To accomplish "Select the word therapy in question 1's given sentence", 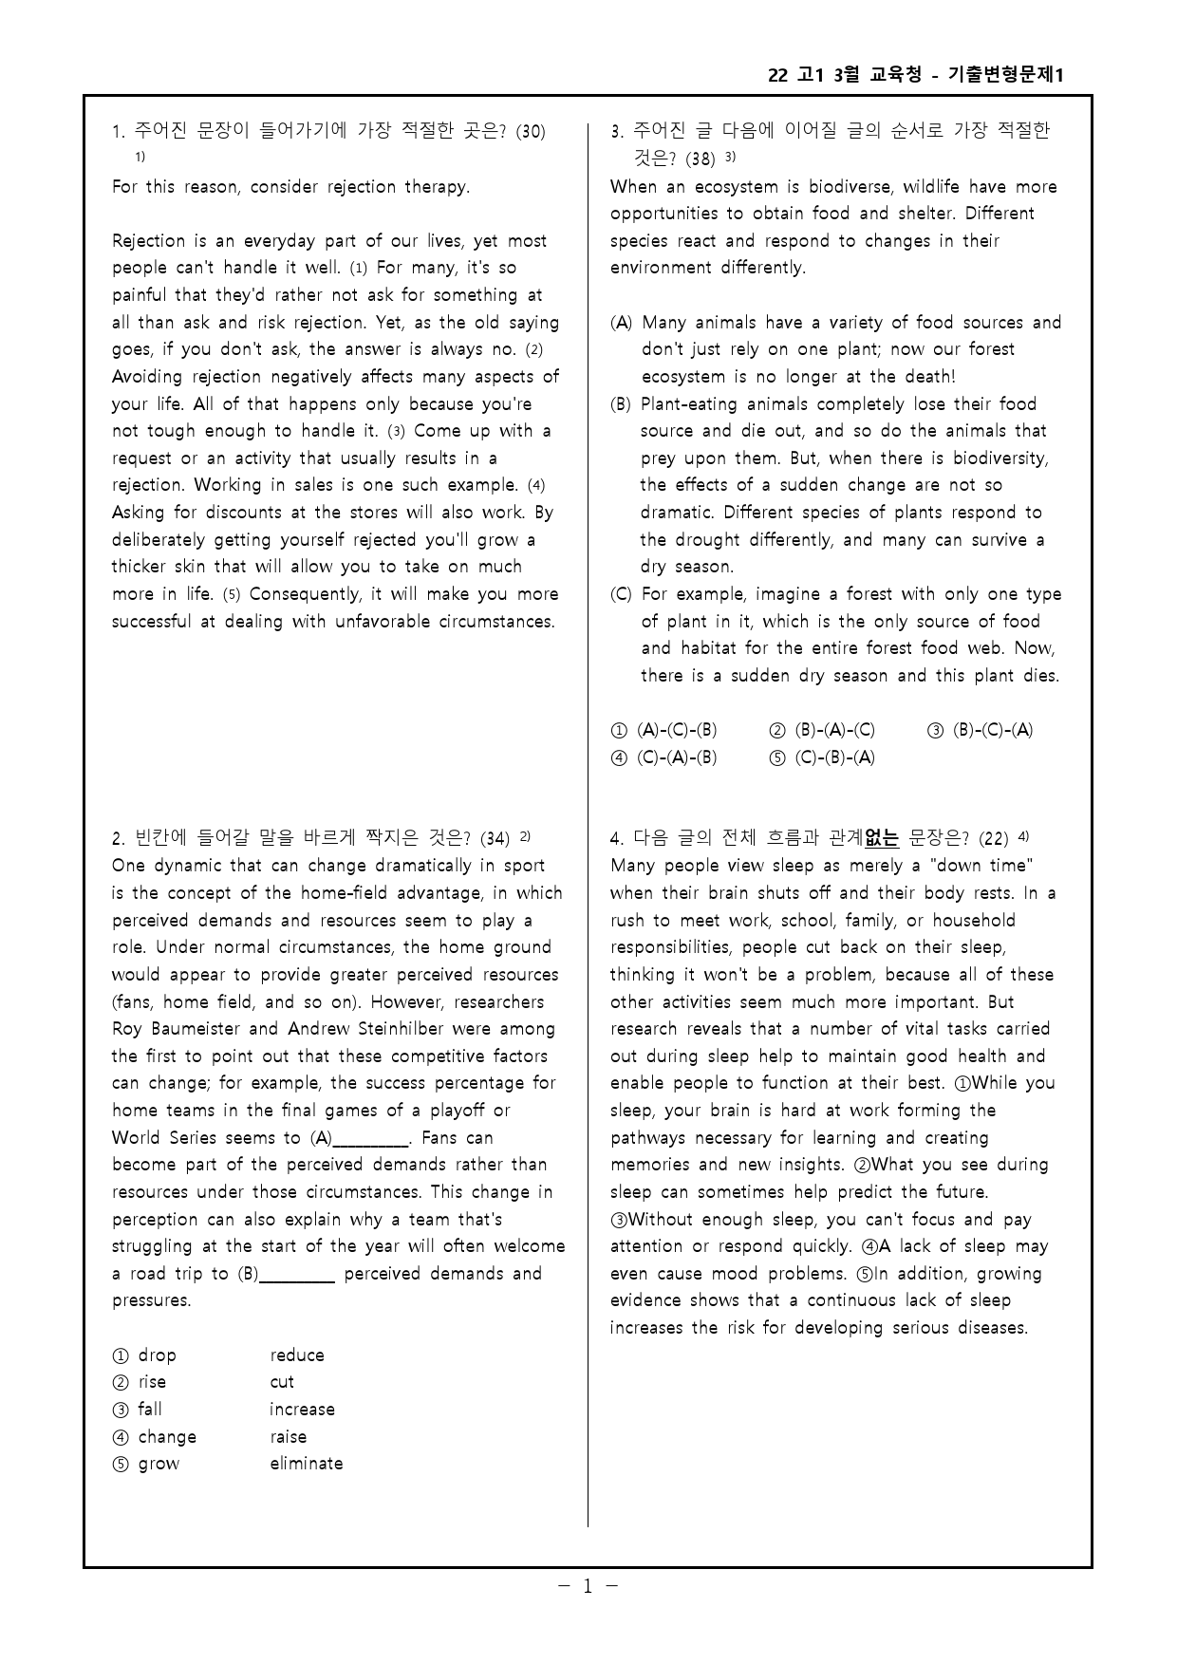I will click(x=438, y=187).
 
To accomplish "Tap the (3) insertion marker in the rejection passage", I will click(x=396, y=432).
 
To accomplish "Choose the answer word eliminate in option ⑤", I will click(x=306, y=1464).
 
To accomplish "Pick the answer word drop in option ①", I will click(x=157, y=1355).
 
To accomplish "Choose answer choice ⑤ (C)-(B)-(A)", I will click(x=823, y=757).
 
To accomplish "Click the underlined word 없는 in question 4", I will click(x=881, y=838).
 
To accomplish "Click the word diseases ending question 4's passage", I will click(x=992, y=1328).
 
